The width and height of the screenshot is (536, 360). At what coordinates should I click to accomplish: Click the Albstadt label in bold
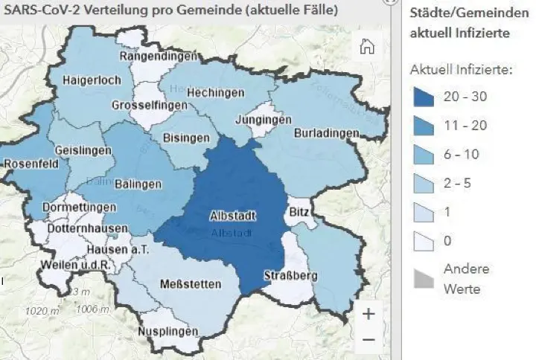[234, 217]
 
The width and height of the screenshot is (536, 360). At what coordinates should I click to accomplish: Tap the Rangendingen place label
[159, 57]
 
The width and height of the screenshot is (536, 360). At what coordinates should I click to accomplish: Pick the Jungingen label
[263, 120]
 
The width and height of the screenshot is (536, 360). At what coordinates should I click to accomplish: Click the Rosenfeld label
[31, 164]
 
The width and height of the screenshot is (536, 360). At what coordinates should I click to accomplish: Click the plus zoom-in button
[368, 314]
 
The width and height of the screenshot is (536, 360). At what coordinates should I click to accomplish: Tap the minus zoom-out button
[368, 340]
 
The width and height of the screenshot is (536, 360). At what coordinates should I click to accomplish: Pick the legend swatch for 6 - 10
[424, 155]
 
